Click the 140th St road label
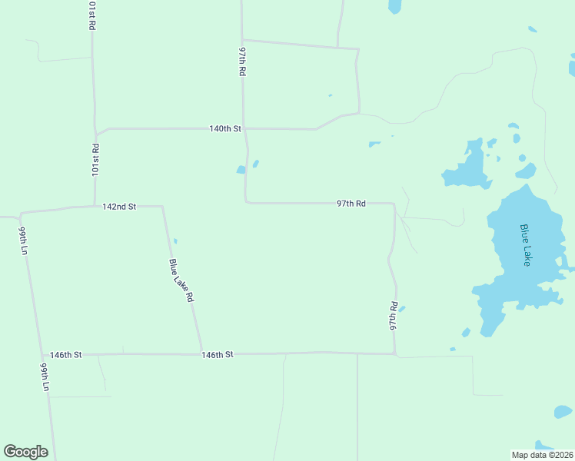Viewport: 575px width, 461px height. (x=225, y=128)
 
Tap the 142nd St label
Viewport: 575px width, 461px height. (x=119, y=207)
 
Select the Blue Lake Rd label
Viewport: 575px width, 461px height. (x=181, y=280)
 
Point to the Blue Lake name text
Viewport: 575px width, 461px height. (x=526, y=245)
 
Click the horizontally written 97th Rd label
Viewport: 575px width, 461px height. (x=351, y=204)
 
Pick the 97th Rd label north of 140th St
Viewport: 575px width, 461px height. (x=242, y=61)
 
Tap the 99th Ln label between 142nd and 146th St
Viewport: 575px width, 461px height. (x=24, y=240)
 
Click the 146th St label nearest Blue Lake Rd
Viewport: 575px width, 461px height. (x=217, y=354)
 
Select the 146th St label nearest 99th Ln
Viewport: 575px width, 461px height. (x=65, y=354)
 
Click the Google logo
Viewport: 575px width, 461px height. (x=25, y=452)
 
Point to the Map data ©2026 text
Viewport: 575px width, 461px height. (x=543, y=455)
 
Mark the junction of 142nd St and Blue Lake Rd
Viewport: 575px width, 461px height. (x=162, y=206)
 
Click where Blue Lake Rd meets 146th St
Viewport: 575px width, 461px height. (x=201, y=354)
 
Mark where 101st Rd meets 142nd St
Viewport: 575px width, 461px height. (x=94, y=206)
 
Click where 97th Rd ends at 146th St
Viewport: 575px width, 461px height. (x=395, y=354)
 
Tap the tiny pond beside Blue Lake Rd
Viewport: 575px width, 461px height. (x=175, y=241)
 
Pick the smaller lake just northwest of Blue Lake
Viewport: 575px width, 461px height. (x=467, y=167)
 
